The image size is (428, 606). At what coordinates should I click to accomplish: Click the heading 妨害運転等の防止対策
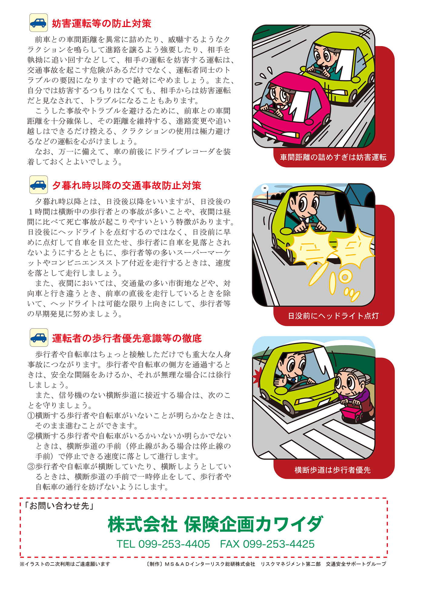(x=101, y=23)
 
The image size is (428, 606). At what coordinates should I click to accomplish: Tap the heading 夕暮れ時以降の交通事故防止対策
(x=127, y=185)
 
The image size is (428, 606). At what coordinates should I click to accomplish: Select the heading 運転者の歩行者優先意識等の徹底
(x=127, y=338)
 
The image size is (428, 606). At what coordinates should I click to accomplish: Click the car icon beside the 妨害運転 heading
(x=38, y=23)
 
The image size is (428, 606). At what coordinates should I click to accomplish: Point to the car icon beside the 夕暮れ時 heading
(x=38, y=185)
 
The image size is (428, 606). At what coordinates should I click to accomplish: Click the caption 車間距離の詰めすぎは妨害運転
(x=333, y=157)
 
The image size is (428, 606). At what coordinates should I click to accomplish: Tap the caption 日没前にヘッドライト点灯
(x=333, y=316)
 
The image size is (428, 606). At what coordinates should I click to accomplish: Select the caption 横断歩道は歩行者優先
(x=333, y=470)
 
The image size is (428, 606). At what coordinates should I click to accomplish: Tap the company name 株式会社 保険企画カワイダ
(x=215, y=524)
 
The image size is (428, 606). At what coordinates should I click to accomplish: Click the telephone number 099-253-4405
(x=174, y=544)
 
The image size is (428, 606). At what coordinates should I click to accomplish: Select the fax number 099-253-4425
(x=279, y=544)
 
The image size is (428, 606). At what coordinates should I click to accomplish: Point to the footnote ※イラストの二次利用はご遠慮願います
(x=65, y=564)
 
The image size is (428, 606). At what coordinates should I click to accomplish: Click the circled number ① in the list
(x=31, y=416)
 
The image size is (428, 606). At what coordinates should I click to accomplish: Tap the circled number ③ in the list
(x=31, y=467)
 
